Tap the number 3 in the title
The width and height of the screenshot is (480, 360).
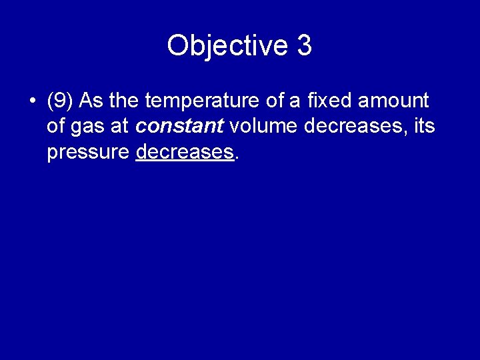coord(304,46)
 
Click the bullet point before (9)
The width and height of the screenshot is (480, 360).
coord(32,102)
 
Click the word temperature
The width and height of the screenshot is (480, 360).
coord(197,101)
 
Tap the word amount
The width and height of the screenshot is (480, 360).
coord(393,101)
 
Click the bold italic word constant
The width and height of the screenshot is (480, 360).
coord(179,127)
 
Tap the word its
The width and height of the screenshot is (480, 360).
coord(424,127)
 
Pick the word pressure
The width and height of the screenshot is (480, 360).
coord(87,153)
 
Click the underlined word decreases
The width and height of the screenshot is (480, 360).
coord(185,153)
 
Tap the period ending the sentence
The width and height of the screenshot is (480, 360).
coord(237,158)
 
